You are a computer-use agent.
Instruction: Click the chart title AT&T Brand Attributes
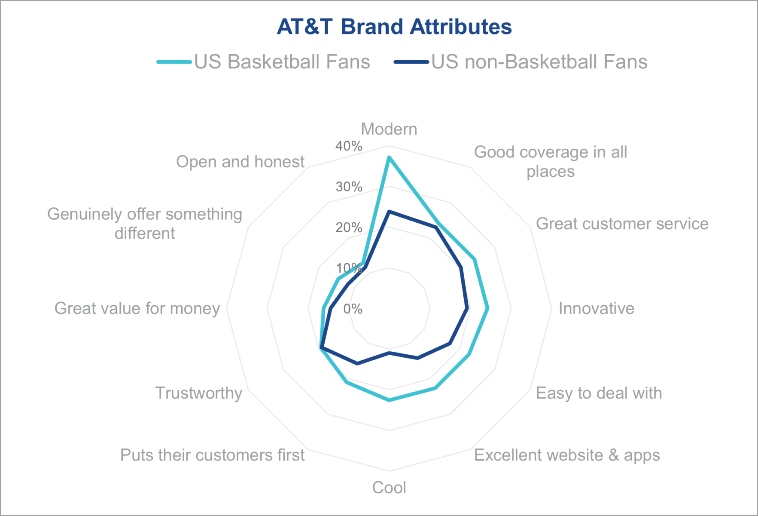pyautogui.click(x=394, y=27)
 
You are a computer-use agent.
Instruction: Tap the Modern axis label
pyautogui.click(x=389, y=129)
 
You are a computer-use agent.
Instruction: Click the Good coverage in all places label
pyautogui.click(x=550, y=162)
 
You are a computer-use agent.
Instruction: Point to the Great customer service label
pyautogui.click(x=622, y=224)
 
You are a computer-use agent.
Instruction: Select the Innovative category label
pyautogui.click(x=596, y=308)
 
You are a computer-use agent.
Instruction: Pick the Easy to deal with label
pyautogui.click(x=599, y=393)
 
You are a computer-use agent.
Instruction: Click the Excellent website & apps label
pyautogui.click(x=566, y=455)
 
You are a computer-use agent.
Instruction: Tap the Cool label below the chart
pyautogui.click(x=389, y=488)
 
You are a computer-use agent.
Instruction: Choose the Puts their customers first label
pyautogui.click(x=212, y=455)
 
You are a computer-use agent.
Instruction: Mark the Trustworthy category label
pyautogui.click(x=198, y=393)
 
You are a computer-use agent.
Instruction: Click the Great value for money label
pyautogui.click(x=137, y=308)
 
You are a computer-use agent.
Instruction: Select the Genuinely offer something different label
pyautogui.click(x=145, y=224)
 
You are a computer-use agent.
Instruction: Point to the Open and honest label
pyautogui.click(x=240, y=162)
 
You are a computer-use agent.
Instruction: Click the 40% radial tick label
pyautogui.click(x=349, y=146)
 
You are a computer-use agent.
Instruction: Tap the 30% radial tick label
pyautogui.click(x=349, y=187)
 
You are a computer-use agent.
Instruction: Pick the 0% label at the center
pyautogui.click(x=353, y=309)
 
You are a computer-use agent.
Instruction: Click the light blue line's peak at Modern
pyautogui.click(x=389, y=158)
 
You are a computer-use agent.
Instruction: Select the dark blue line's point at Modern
pyautogui.click(x=389, y=212)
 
